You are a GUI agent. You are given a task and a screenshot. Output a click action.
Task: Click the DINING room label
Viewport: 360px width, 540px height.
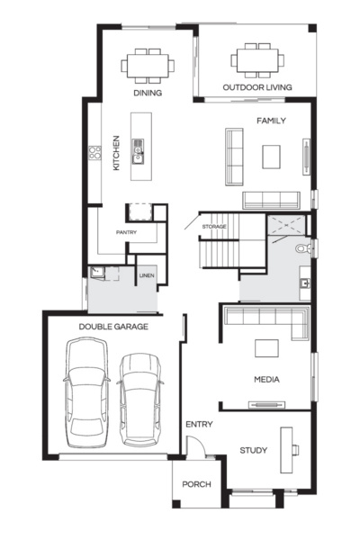coord(148,93)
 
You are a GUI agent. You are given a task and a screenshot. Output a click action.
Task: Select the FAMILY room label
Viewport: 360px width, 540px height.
coord(271,120)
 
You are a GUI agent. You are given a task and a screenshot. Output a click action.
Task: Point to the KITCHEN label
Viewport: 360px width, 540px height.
coord(116,153)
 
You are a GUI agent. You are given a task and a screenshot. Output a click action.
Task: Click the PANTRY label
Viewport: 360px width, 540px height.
coord(126,232)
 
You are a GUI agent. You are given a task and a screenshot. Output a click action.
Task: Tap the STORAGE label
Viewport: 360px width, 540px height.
coord(213,226)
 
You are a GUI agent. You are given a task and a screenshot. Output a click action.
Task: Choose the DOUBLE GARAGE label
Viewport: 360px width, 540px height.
coord(113,327)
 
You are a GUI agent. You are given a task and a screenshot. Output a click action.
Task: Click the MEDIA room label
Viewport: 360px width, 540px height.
coord(266,380)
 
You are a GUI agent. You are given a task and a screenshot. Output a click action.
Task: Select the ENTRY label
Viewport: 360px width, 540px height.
coord(199,423)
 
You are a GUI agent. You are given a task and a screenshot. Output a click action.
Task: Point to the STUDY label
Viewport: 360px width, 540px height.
coord(253,450)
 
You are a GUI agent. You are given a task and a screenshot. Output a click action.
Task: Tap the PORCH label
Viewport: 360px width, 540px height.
coord(196,484)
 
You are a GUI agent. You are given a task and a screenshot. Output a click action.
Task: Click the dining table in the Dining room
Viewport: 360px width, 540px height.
coord(148,66)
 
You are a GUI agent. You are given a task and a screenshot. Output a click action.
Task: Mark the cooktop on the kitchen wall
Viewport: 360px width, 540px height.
coord(93,154)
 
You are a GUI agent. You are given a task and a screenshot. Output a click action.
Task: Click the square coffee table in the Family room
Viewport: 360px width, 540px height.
coord(271,157)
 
